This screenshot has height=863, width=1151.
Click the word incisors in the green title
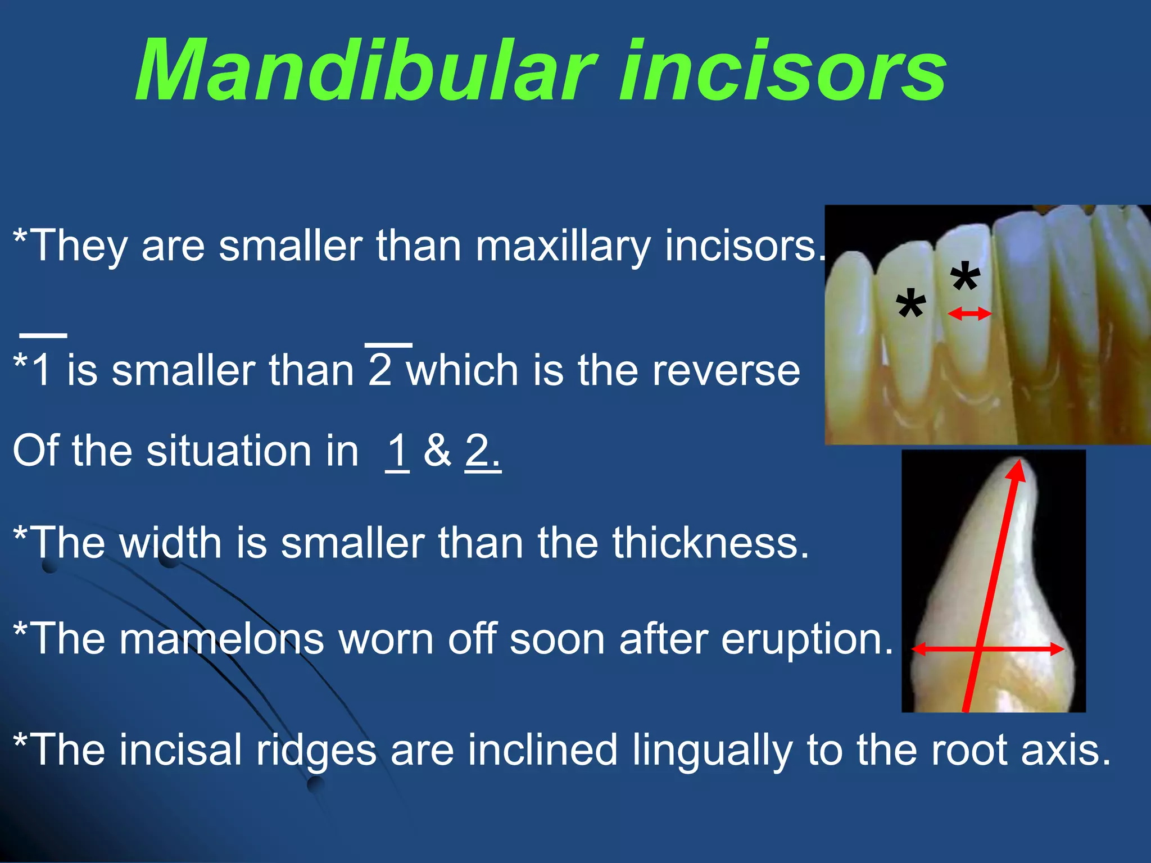click(x=781, y=72)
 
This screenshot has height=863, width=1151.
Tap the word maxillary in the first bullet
click(x=563, y=246)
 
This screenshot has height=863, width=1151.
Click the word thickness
click(x=710, y=543)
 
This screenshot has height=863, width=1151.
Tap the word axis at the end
click(x=1066, y=750)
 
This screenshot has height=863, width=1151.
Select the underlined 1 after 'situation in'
click(x=397, y=451)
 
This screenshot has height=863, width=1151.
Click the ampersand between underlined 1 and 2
click(x=437, y=451)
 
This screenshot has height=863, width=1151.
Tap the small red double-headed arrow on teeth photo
click(x=969, y=314)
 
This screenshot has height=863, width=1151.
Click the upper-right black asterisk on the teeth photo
click(x=965, y=276)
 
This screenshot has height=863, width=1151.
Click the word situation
click(x=252, y=451)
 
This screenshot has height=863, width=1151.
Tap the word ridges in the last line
click(x=316, y=750)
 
